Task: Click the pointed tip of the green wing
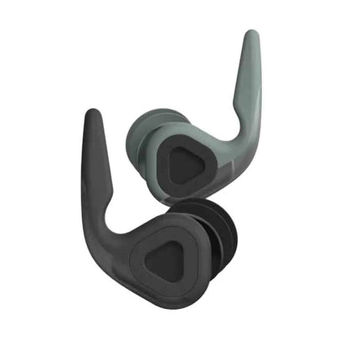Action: pos(249,36)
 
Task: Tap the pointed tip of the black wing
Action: pos(89,115)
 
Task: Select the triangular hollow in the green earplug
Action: pos(185,164)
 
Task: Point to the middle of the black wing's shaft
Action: pos(95,167)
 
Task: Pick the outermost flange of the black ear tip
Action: pos(229,243)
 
